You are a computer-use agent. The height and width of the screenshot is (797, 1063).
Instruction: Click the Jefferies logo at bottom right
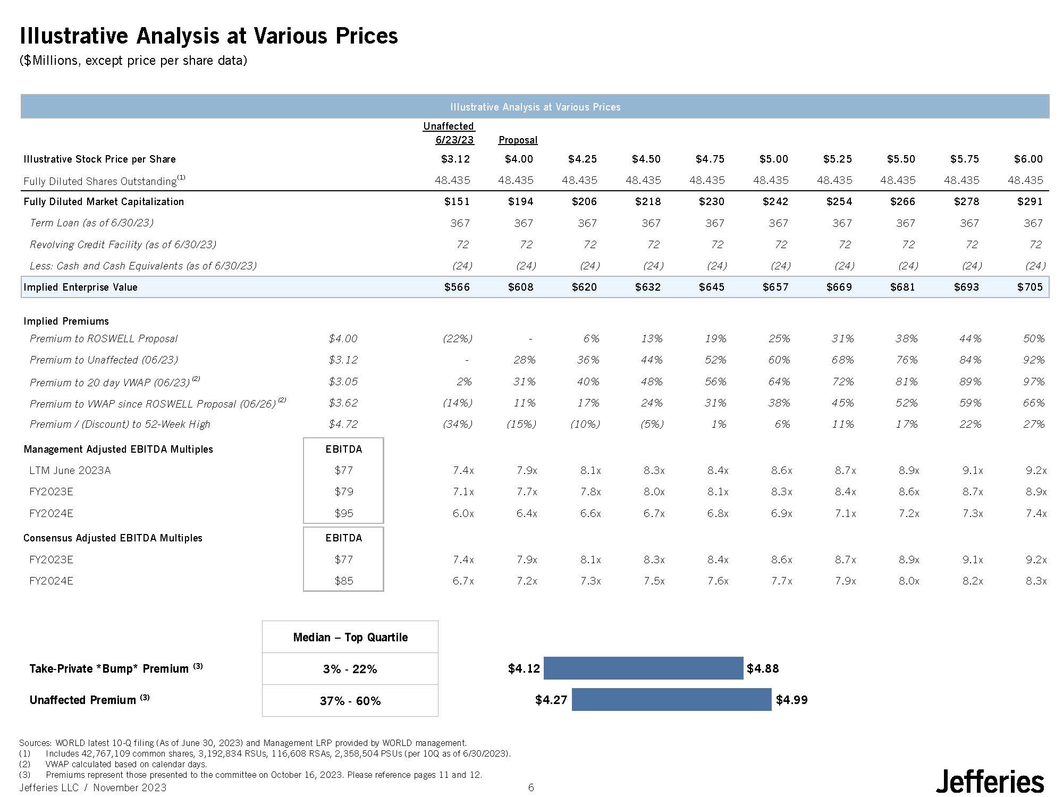pyautogui.click(x=990, y=782)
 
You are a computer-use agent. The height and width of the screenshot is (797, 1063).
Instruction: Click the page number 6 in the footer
pyautogui.click(x=530, y=787)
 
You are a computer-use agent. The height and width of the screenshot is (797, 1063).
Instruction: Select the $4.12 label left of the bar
pyautogui.click(x=524, y=668)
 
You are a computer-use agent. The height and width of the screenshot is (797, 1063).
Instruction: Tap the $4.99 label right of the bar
pyautogui.click(x=791, y=700)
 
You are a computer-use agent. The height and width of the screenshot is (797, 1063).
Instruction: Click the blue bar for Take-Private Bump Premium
pyautogui.click(x=643, y=668)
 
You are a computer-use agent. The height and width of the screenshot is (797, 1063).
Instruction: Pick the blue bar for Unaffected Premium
pyautogui.click(x=671, y=700)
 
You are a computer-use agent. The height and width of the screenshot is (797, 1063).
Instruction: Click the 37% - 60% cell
pyautogui.click(x=350, y=701)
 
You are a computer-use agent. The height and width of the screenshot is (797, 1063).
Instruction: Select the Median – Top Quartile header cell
pyautogui.click(x=350, y=637)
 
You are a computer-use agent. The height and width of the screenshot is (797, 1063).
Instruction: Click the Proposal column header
pyautogui.click(x=518, y=140)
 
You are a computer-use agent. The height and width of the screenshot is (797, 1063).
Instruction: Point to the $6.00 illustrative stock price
pyautogui.click(x=1028, y=159)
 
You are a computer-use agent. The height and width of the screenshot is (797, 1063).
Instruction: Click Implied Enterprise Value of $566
pyautogui.click(x=457, y=287)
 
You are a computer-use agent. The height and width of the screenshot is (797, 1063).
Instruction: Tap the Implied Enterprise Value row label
pyautogui.click(x=80, y=287)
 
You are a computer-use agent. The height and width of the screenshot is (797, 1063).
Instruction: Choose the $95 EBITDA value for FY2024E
pyautogui.click(x=343, y=513)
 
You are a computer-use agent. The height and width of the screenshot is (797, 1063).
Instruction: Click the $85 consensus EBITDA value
pyautogui.click(x=343, y=581)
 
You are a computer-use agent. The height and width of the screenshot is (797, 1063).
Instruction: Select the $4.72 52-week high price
pyautogui.click(x=343, y=424)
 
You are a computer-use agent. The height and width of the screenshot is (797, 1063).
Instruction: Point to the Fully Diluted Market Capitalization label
pyautogui.click(x=104, y=201)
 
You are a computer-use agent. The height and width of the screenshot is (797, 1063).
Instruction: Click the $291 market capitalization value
pyautogui.click(x=1030, y=201)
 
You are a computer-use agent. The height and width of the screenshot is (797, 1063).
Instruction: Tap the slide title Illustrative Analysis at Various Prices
pyautogui.click(x=208, y=36)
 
